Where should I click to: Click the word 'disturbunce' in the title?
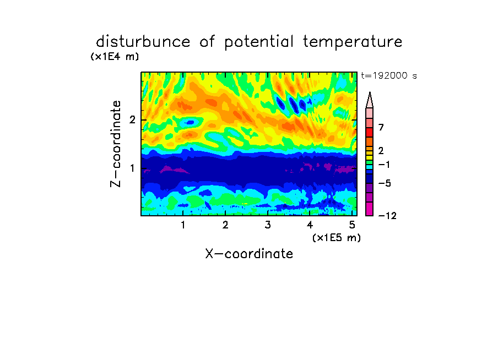click(x=143, y=42)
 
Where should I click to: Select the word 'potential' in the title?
click(x=259, y=42)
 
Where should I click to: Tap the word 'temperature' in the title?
click(x=353, y=42)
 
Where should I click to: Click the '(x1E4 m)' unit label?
click(x=115, y=57)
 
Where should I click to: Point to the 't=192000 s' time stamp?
click(x=389, y=75)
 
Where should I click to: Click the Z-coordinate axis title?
click(x=116, y=144)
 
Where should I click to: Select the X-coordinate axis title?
click(x=249, y=254)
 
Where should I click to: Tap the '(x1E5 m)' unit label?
click(x=337, y=238)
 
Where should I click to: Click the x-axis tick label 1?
click(x=183, y=225)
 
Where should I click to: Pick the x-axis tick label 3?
click(x=268, y=225)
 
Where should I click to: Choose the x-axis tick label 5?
click(x=352, y=225)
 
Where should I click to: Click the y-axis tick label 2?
click(x=132, y=120)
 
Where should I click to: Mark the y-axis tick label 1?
click(x=132, y=168)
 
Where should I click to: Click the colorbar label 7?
click(x=381, y=128)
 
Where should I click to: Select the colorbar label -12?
click(x=387, y=216)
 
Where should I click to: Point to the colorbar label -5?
click(x=385, y=183)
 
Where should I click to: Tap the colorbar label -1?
click(x=384, y=165)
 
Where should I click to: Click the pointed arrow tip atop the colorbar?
click(x=370, y=92)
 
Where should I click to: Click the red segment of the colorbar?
click(x=370, y=132)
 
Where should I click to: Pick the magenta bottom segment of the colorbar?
click(x=370, y=209)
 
